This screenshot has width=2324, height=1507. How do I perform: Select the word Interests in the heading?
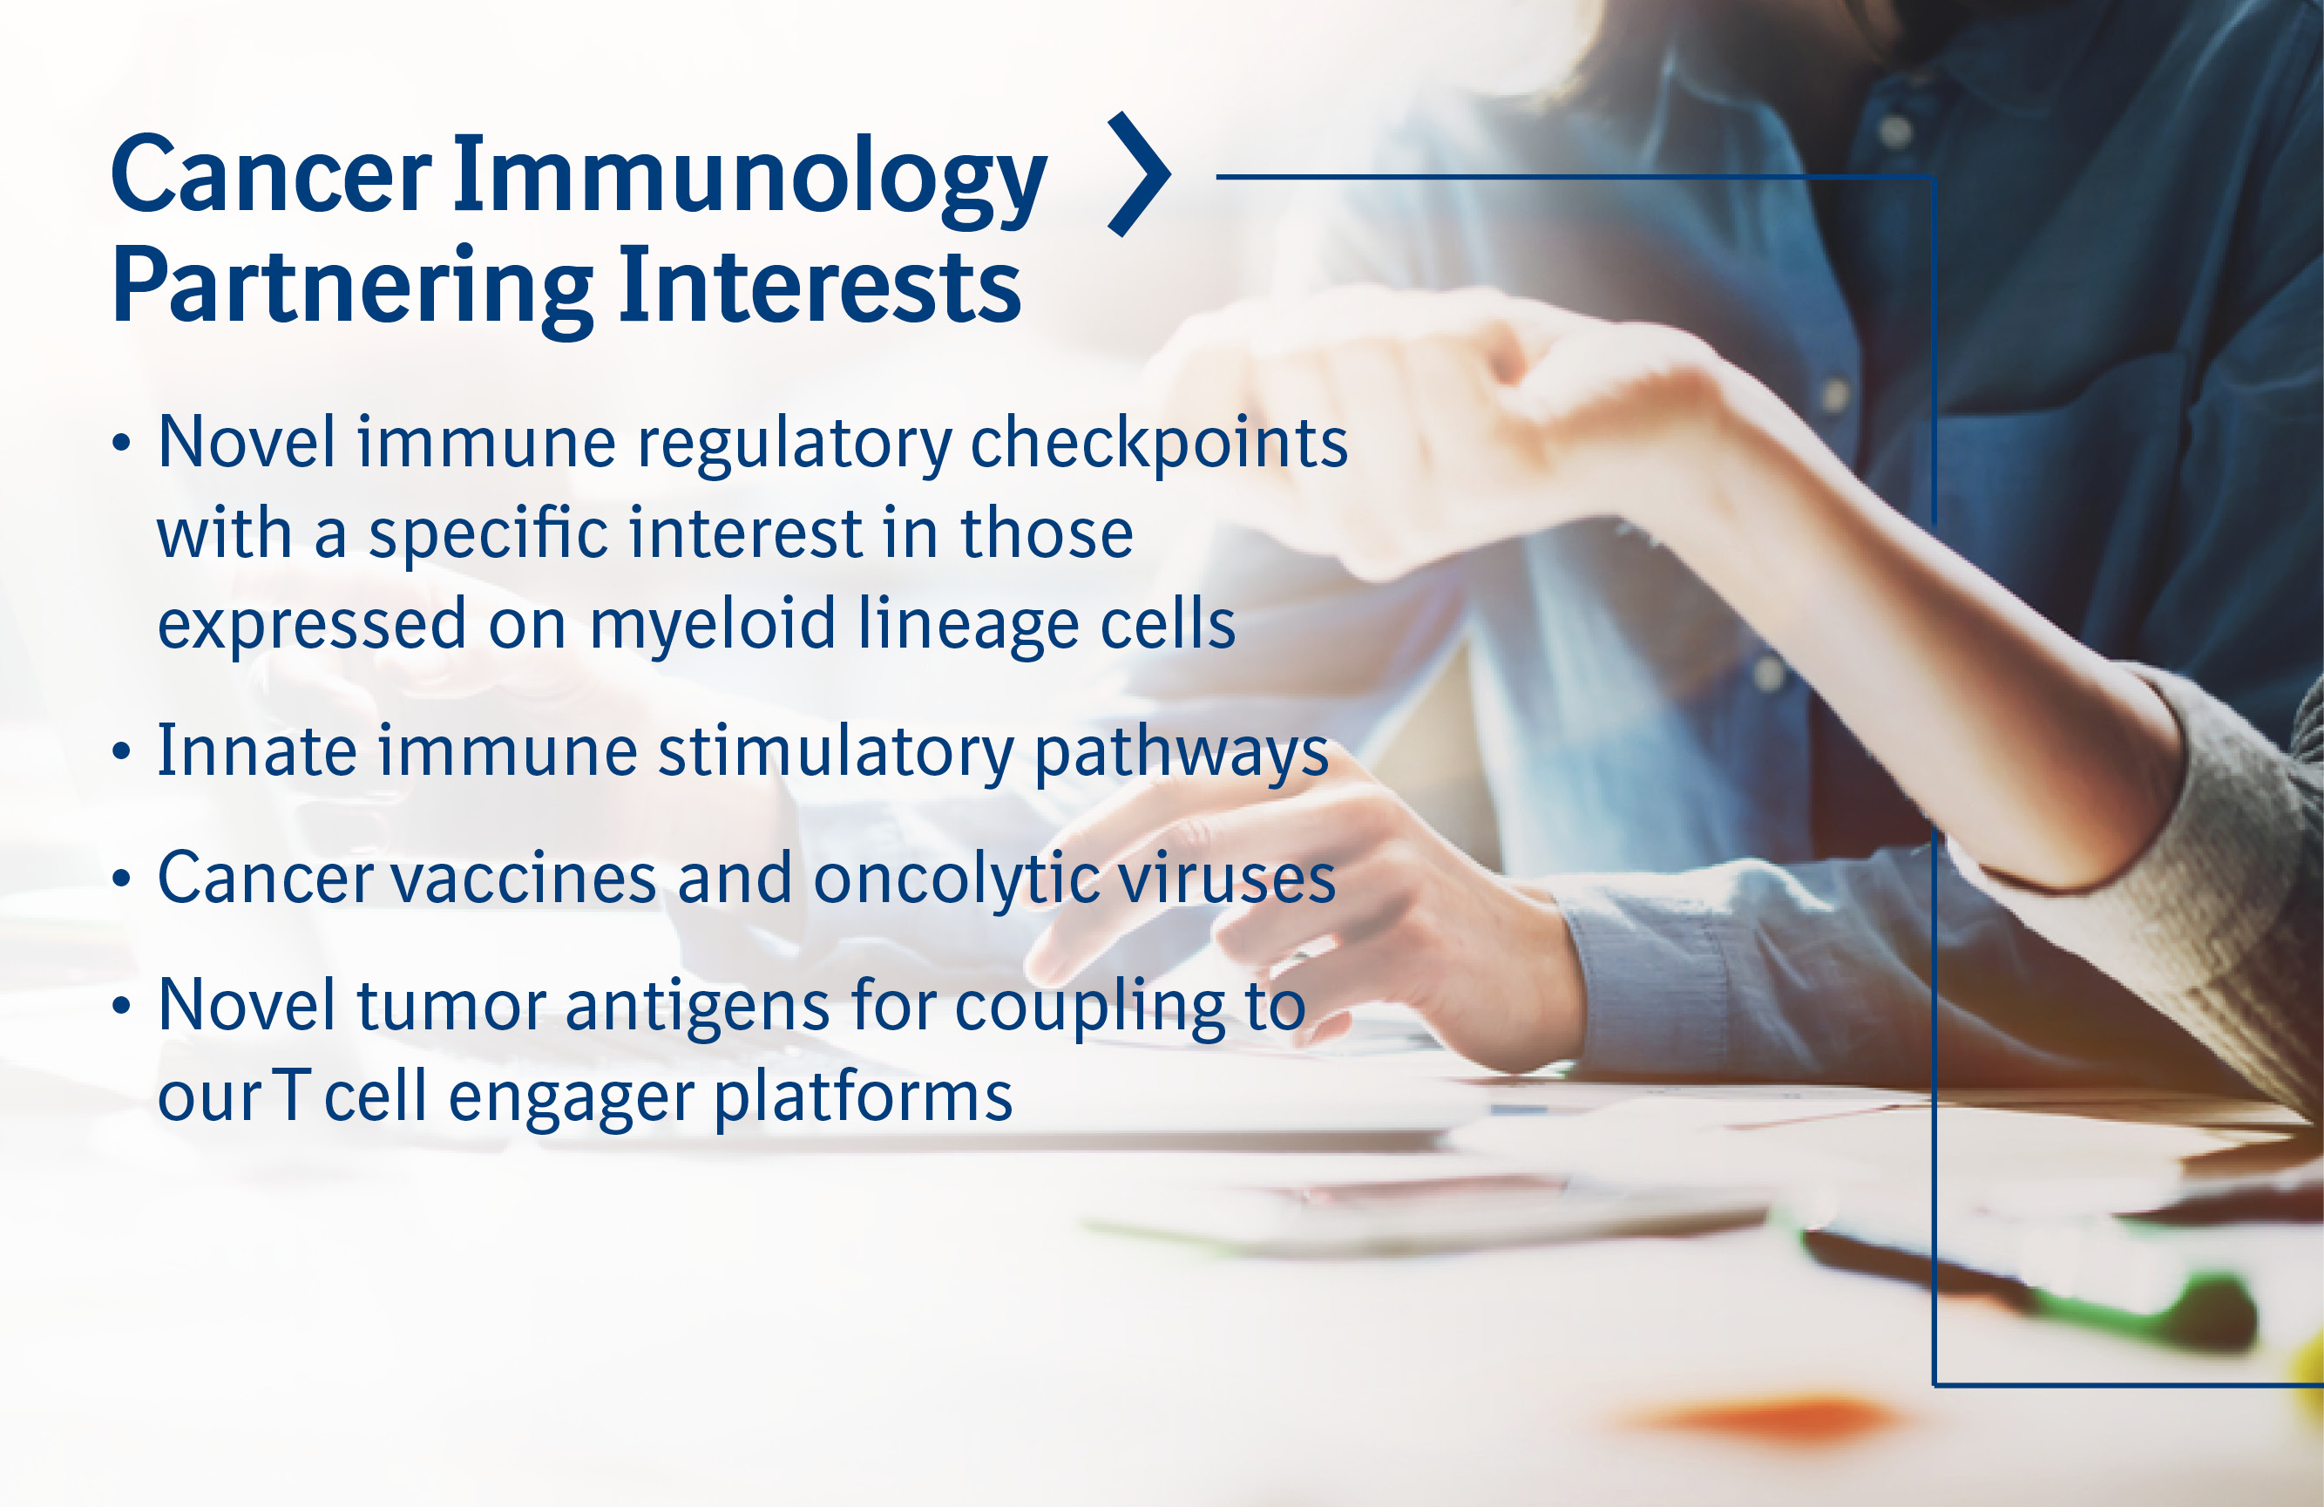tap(819, 284)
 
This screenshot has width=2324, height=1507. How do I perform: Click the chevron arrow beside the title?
tap(1140, 173)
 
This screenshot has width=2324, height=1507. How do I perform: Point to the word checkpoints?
tap(1159, 445)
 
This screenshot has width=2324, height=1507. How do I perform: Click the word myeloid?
tap(713, 626)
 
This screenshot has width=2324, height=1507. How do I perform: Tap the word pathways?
tap(1182, 756)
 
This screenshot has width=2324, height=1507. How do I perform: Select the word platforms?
tap(864, 1097)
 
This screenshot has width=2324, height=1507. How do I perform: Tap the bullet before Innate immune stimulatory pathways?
tap(121, 752)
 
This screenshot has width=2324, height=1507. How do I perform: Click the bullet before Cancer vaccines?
tap(121, 879)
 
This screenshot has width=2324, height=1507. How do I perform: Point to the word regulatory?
tap(795, 445)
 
